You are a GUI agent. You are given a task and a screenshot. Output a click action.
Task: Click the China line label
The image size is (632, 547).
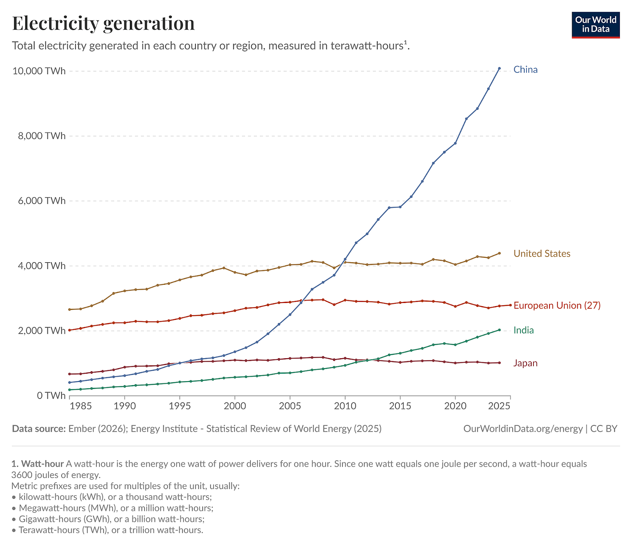[525, 69]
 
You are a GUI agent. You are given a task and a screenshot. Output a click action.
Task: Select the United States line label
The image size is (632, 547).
[542, 254]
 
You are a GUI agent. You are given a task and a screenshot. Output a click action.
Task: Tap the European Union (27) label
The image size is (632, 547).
[557, 306]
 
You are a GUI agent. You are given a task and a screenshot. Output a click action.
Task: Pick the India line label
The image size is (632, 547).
[523, 330]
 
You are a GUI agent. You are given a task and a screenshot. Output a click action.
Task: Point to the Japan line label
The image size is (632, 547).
[525, 363]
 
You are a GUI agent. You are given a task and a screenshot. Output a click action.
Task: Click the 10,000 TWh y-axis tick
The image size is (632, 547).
[39, 71]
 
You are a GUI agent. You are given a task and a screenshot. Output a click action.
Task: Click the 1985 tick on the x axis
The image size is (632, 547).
[81, 406]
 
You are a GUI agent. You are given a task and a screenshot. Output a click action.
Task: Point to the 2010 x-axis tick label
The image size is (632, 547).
[345, 406]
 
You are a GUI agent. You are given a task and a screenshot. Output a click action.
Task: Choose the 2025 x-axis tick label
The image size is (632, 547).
[499, 406]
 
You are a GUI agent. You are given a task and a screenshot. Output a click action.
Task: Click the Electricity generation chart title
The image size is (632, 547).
[103, 23]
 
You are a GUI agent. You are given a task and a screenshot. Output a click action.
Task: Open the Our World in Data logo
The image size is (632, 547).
[596, 25]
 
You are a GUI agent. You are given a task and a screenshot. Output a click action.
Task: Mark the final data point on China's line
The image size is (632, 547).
[499, 68]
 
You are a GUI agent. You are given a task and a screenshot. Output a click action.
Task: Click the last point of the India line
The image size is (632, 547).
[499, 330]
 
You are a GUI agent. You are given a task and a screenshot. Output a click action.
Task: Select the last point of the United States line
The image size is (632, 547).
[499, 253]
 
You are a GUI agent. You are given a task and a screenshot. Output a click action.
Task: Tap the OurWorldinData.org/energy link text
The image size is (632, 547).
[523, 429]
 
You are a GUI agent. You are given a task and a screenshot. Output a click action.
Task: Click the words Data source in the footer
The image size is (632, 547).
[39, 429]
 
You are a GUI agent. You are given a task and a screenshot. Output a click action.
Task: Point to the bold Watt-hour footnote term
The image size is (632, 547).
[42, 464]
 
